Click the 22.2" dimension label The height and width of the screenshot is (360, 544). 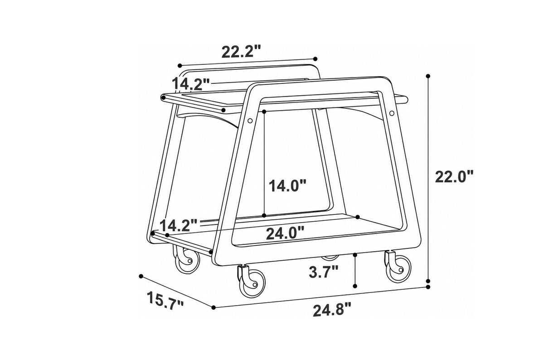(241, 52)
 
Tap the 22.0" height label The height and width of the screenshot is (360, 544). (454, 176)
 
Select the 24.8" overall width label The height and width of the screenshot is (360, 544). (332, 310)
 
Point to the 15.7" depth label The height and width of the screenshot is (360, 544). (165, 301)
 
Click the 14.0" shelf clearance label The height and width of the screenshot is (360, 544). (287, 185)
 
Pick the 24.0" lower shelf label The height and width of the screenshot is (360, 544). (285, 233)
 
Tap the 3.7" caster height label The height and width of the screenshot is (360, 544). (323, 272)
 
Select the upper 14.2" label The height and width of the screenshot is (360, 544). (191, 84)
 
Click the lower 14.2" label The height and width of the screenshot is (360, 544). (179, 225)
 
